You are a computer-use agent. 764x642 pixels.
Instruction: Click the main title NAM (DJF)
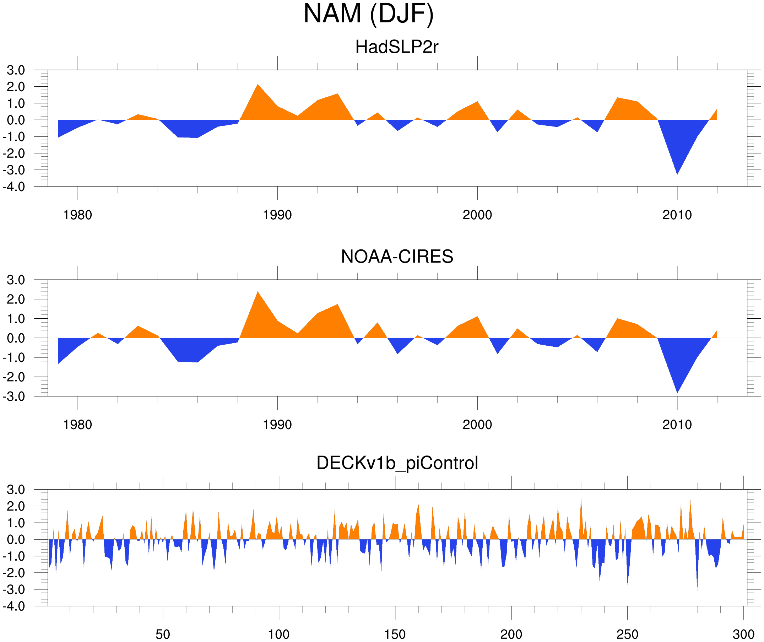tap(368, 14)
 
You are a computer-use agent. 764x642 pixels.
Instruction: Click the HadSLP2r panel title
tap(396, 47)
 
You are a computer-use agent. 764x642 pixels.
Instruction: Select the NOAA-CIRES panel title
tap(397, 257)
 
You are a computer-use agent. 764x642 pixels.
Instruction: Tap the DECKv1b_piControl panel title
tap(397, 463)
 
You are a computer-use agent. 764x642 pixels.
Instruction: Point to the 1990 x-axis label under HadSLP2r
tap(277, 215)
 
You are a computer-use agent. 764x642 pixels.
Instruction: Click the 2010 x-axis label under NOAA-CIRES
tap(677, 425)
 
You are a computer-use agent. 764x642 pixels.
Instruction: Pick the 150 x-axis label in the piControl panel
tap(395, 634)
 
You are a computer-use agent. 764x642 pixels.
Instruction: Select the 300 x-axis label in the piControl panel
tap(743, 634)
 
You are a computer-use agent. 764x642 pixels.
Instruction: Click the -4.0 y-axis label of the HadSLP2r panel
tap(14, 187)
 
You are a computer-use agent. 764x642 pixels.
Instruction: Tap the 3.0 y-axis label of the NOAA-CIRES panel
tap(16, 280)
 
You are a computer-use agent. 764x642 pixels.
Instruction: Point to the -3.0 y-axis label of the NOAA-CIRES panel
tap(14, 396)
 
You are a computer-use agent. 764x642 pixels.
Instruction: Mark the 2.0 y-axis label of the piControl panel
tap(16, 506)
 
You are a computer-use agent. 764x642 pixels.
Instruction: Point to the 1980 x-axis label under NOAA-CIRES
tap(77, 425)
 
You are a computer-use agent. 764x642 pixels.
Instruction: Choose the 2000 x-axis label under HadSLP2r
tap(477, 215)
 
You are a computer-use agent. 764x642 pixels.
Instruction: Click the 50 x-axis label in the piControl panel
tap(163, 634)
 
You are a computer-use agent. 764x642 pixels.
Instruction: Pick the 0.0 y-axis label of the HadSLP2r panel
tap(16, 120)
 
